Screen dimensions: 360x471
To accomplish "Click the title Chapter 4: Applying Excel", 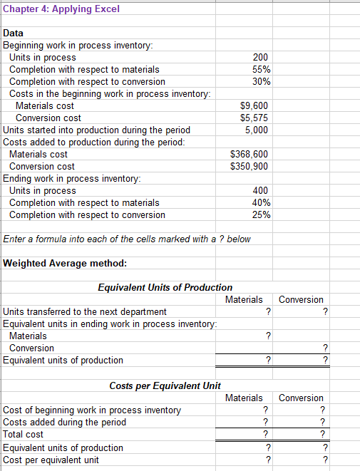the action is [52, 9].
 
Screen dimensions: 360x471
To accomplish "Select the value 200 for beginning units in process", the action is [261, 57].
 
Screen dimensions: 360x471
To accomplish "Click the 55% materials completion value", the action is [261, 69].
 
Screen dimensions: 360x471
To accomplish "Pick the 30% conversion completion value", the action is [261, 81].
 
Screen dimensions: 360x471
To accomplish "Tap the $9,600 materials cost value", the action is [254, 105].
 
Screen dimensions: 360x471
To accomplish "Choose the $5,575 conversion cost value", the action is [254, 118].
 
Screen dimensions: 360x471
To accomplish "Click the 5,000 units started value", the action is [257, 130].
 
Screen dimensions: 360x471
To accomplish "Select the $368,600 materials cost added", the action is [250, 154].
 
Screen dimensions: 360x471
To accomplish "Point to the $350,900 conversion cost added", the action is [250, 166].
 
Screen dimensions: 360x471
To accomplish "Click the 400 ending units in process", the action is [261, 190].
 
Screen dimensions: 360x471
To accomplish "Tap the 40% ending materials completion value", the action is [261, 202].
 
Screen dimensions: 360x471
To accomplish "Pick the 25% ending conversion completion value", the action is [261, 214].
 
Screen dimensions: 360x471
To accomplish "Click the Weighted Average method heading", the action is [66, 263].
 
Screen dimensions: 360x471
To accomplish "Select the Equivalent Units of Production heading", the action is [165, 287].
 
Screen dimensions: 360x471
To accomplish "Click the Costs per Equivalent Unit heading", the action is [165, 385].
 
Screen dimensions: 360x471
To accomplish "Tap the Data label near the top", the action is [14, 33].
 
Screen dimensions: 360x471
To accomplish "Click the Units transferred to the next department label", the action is [86, 311].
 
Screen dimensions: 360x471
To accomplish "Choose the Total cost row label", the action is [24, 434].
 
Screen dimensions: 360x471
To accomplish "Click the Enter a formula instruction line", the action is [127, 239].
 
